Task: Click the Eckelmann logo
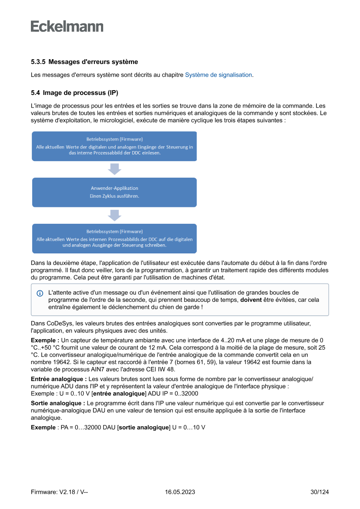(67, 26)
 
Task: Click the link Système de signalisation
(218, 75)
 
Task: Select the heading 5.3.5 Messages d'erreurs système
(84, 62)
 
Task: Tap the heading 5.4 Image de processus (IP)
(74, 93)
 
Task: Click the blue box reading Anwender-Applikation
(114, 192)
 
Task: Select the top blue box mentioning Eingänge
(114, 146)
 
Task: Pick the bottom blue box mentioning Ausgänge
(114, 239)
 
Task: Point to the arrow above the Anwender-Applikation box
(114, 169)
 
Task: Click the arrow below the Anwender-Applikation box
(114, 215)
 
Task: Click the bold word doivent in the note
(252, 300)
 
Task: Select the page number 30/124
(320, 492)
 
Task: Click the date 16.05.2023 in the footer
(180, 492)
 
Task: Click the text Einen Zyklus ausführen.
(114, 196)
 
